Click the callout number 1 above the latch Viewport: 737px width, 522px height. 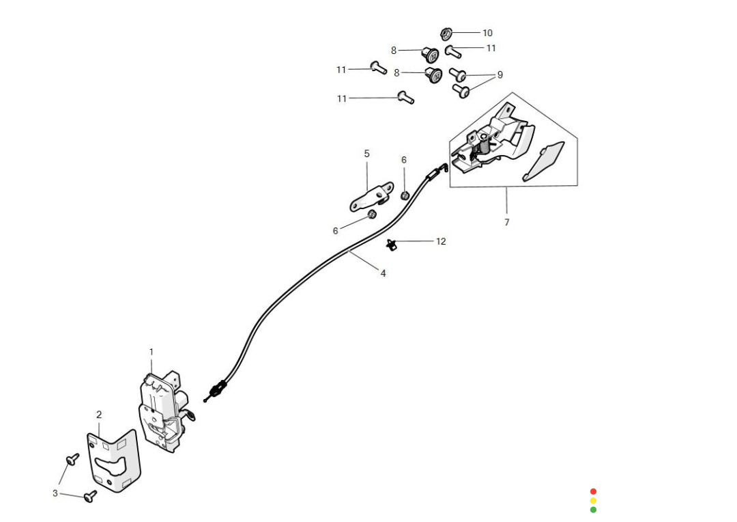click(x=151, y=352)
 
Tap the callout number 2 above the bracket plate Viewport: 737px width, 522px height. click(x=99, y=415)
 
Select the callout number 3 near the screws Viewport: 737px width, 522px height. click(x=55, y=493)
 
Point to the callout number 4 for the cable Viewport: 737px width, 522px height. click(x=383, y=273)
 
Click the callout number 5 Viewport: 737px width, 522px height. click(x=366, y=154)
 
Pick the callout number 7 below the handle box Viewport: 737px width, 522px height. click(x=506, y=223)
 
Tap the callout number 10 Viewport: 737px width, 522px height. click(x=487, y=33)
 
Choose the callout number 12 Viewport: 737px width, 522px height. click(x=441, y=241)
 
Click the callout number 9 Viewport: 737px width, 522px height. click(x=500, y=74)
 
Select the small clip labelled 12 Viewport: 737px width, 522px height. click(x=392, y=243)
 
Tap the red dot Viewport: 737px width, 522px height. click(x=593, y=491)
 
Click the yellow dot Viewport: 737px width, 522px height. click(x=593, y=500)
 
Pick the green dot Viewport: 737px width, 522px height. click(x=593, y=510)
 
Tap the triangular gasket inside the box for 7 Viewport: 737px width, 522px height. click(x=545, y=161)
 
